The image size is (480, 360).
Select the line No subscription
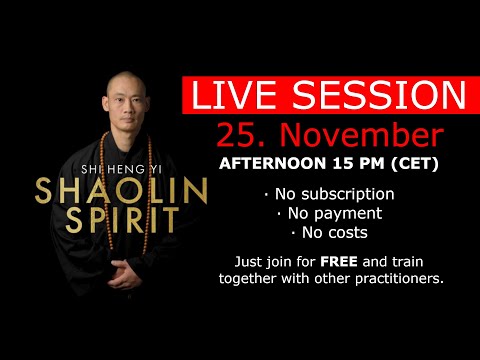click(x=329, y=194)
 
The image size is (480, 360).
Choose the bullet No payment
click(x=329, y=213)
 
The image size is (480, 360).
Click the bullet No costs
click(x=329, y=232)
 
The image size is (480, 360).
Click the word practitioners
click(x=394, y=278)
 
